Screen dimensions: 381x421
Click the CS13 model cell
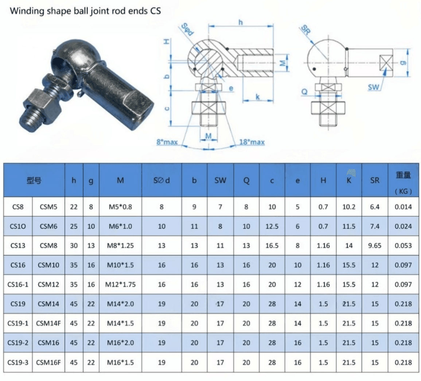18,246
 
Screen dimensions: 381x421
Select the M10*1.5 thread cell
120,265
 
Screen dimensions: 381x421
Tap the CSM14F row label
48,323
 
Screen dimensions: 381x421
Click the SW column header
220,180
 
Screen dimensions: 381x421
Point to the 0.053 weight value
403,246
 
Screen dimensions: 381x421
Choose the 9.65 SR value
374,246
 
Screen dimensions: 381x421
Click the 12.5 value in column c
272,226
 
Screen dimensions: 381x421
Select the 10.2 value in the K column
349,207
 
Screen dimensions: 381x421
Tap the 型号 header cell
34,180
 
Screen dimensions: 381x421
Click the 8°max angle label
167,142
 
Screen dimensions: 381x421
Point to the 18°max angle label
252,142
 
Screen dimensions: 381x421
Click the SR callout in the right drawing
305,30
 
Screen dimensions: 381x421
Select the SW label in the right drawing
373,87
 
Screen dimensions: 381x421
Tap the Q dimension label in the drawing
304,92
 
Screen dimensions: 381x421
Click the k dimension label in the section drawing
258,97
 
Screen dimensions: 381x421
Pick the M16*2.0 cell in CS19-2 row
120,343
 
